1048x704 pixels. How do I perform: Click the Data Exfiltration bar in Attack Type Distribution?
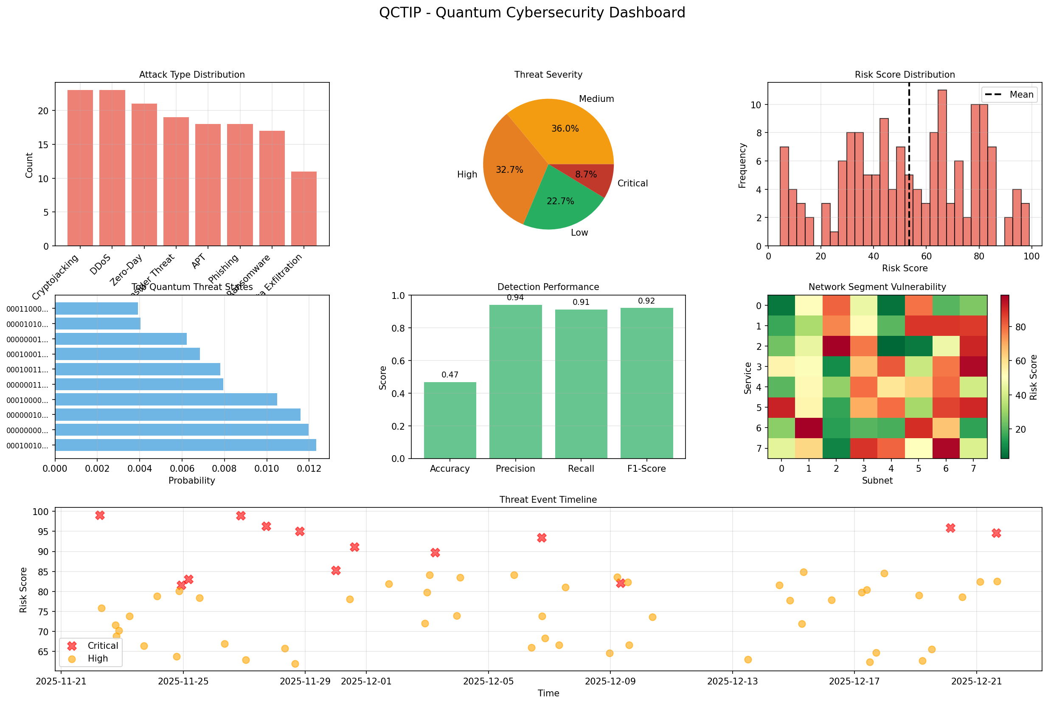pos(304,209)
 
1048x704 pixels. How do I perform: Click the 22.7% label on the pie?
pos(560,201)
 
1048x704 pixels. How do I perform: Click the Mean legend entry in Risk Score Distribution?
pos(1010,95)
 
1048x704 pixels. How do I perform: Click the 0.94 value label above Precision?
pos(515,298)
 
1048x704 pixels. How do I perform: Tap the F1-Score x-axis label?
pos(646,469)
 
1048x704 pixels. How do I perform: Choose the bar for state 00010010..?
pos(185,445)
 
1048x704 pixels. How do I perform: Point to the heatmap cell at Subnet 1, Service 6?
pos(809,428)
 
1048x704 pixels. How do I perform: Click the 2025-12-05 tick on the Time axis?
pos(488,681)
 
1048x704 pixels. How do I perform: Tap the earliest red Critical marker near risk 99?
pos(100,515)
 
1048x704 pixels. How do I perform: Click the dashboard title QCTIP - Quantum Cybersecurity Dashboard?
pos(532,13)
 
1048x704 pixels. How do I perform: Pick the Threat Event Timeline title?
pos(548,500)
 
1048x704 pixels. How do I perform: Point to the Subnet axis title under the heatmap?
pos(877,480)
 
